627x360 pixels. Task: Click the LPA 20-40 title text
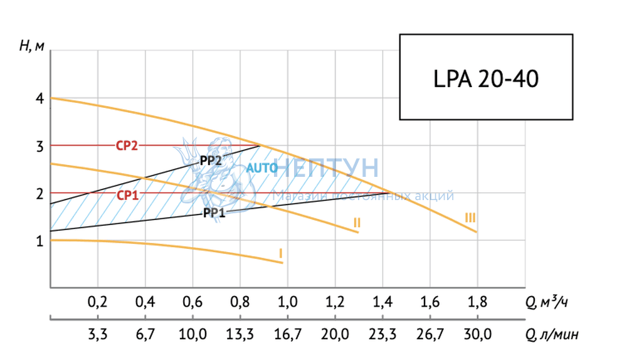(485, 80)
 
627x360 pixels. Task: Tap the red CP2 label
(126, 146)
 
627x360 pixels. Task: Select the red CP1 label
(127, 194)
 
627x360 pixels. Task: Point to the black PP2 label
(211, 160)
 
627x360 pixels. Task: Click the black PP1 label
(213, 213)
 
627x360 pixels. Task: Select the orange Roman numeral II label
(356, 222)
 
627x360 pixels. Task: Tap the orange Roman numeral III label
(470, 218)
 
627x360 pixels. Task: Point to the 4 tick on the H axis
(39, 98)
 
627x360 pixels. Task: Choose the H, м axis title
(32, 46)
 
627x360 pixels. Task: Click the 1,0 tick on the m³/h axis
(287, 302)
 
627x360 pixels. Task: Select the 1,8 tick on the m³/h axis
(477, 302)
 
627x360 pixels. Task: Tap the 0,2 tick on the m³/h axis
(97, 302)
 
